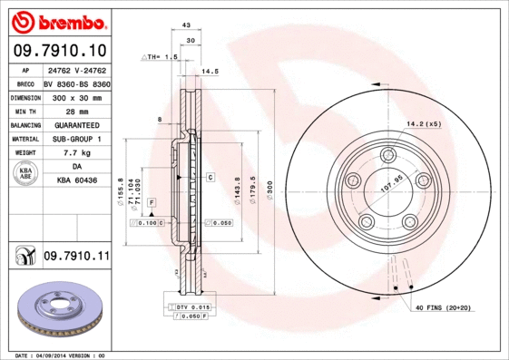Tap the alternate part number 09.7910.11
pos(76,258)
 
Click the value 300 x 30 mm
pos(77,95)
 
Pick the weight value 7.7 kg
pos(77,153)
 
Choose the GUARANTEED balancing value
pos(77,124)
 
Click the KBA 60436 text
pos(77,182)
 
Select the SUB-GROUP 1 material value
pos(77,139)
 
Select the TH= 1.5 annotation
pos(161,56)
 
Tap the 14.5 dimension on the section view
pos(210,71)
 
